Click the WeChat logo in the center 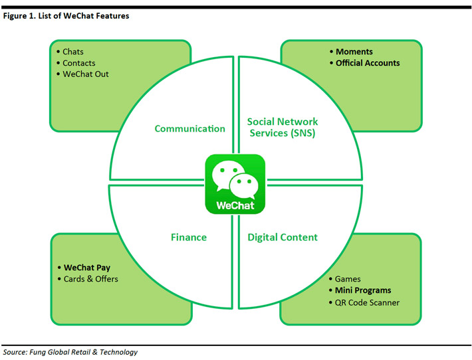click(235, 184)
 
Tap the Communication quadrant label click(190, 129)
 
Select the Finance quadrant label click(189, 237)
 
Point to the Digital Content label click(283, 237)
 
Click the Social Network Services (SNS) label click(283, 127)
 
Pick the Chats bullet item click(72, 52)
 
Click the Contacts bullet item click(78, 63)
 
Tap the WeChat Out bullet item click(85, 74)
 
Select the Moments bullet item click(354, 52)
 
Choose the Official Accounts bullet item click(368, 63)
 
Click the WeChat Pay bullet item click(86, 268)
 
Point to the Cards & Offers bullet click(90, 279)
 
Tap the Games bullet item click(348, 279)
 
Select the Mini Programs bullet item click(363, 290)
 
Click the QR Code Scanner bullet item click(367, 302)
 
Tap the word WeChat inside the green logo click(235, 205)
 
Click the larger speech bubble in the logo click(225, 175)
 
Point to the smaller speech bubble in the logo click(243, 184)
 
